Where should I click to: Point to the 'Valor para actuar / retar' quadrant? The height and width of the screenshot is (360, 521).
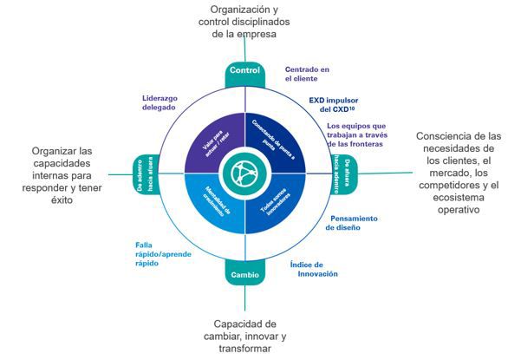(211, 139)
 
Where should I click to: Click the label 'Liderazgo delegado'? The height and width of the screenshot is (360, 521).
(160, 102)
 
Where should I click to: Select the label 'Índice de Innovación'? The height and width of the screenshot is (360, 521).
(313, 268)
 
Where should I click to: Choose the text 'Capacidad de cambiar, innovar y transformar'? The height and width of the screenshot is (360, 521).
(244, 335)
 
